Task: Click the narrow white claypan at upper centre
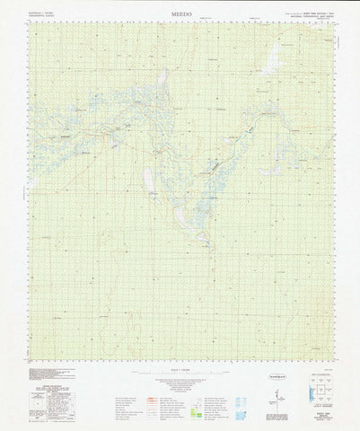pyautogui.click(x=163, y=86)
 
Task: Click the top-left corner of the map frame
pyautogui.click(x=28, y=21)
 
